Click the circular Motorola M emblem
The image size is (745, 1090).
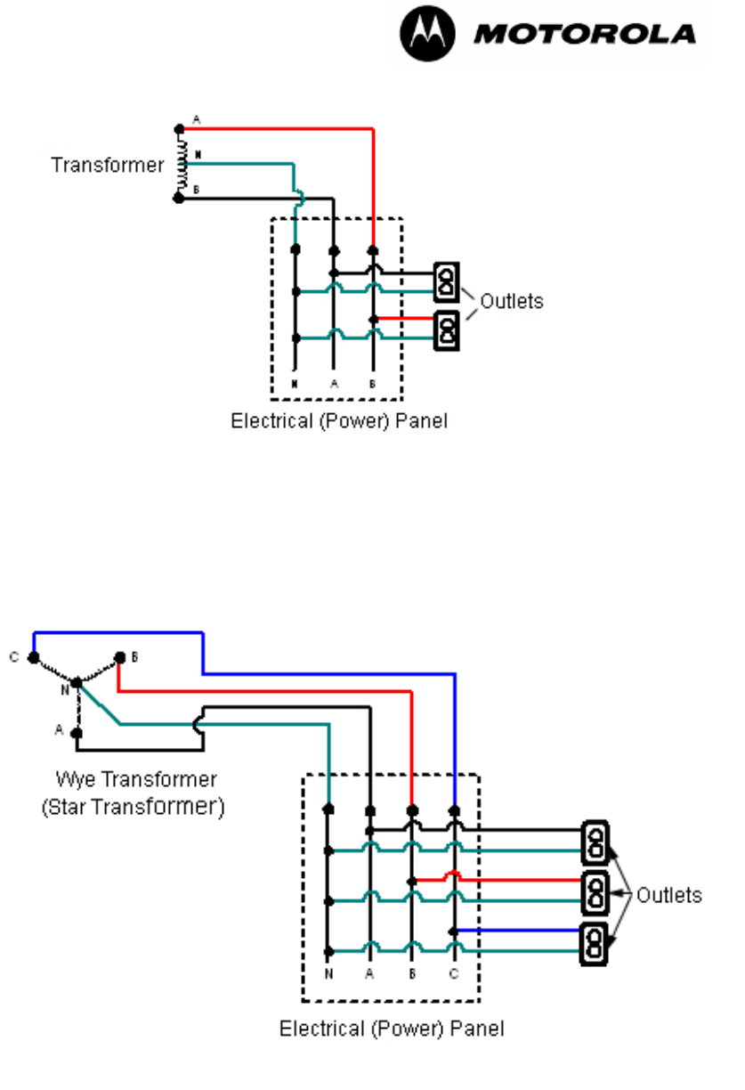427,35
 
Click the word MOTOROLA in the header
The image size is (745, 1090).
585,35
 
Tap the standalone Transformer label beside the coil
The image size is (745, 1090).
108,166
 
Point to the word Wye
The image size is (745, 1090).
74,780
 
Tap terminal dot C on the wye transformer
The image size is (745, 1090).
34,658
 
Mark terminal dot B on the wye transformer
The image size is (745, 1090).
119,658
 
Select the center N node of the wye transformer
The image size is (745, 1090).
77,684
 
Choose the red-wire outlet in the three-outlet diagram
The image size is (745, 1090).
594,891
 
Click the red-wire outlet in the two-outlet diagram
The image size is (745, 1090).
446,329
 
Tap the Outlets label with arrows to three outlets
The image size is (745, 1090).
668,896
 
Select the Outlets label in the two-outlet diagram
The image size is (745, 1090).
511,301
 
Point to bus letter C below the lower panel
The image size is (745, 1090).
454,974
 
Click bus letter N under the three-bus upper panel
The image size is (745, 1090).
294,384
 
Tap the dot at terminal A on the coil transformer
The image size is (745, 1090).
179,129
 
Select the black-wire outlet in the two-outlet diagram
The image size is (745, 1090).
446,281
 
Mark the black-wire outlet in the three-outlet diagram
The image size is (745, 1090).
594,841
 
